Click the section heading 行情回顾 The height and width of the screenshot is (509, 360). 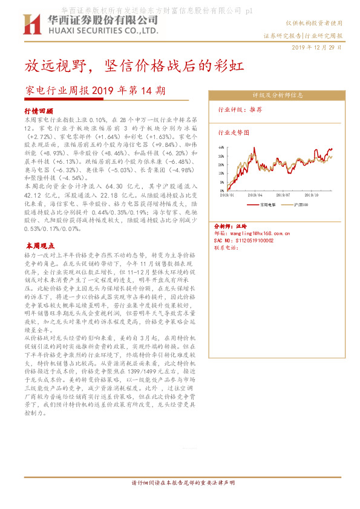click(x=39, y=111)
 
